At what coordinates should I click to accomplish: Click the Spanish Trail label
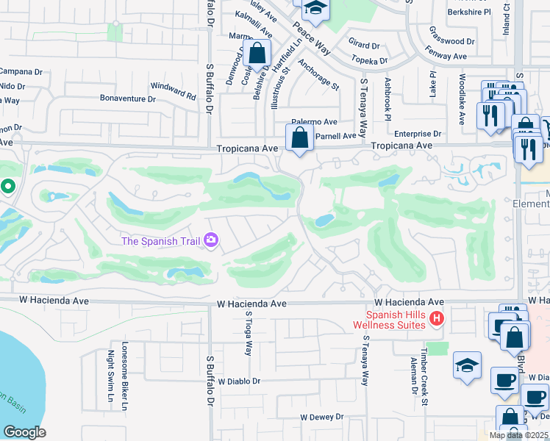162,240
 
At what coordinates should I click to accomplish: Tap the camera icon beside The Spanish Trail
212,240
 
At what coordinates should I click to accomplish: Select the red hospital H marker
437,319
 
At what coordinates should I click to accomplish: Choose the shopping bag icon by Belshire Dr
257,53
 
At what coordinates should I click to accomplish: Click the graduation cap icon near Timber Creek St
468,365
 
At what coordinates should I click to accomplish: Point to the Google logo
24,431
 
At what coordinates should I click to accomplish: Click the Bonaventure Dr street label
128,98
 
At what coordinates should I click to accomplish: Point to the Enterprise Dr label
417,134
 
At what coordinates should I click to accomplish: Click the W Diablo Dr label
235,381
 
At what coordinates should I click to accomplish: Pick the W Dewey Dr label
321,417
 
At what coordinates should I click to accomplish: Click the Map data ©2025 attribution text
518,435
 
